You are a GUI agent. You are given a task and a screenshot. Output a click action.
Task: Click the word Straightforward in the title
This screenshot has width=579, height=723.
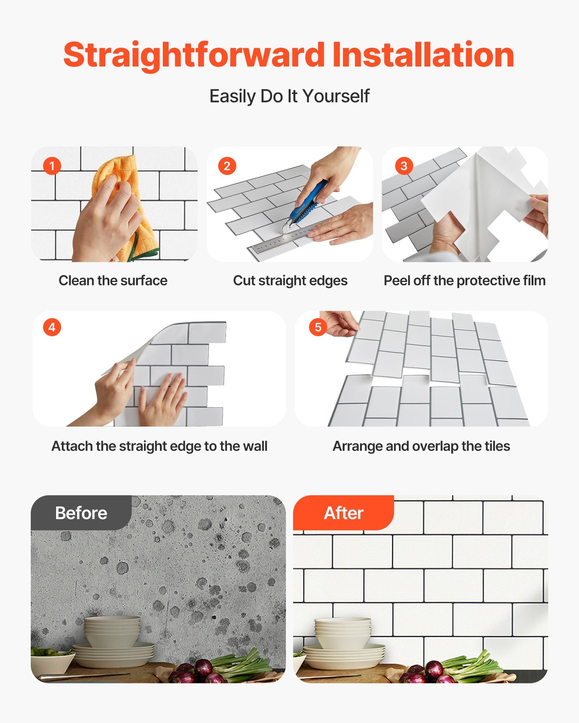click(194, 55)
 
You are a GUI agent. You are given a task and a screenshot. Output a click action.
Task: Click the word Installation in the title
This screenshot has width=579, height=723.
click(423, 55)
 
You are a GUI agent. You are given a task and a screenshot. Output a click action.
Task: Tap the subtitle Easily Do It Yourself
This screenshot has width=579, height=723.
click(289, 96)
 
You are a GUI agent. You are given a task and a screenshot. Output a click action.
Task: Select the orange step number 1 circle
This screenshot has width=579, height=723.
click(52, 166)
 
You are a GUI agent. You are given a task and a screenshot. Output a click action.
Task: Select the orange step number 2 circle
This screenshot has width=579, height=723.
click(227, 166)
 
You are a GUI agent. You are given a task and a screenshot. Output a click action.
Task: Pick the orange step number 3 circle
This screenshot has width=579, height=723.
click(404, 166)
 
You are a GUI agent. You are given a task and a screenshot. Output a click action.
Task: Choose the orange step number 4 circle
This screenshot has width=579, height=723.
click(52, 327)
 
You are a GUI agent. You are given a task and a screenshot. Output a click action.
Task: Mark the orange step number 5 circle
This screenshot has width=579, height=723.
click(318, 327)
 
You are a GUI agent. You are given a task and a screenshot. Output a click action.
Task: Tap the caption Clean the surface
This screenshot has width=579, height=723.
click(113, 281)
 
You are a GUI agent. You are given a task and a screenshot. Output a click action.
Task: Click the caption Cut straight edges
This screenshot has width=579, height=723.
click(290, 281)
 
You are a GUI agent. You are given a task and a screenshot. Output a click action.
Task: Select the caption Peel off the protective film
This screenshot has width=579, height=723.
click(464, 281)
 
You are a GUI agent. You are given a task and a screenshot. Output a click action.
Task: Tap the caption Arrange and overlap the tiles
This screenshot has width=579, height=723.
click(421, 446)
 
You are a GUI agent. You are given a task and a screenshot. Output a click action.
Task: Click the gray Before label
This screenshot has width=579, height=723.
click(81, 513)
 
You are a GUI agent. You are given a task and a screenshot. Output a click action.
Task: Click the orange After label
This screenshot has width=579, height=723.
click(343, 513)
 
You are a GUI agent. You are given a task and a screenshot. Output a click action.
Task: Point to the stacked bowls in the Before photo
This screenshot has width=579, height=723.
click(112, 633)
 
